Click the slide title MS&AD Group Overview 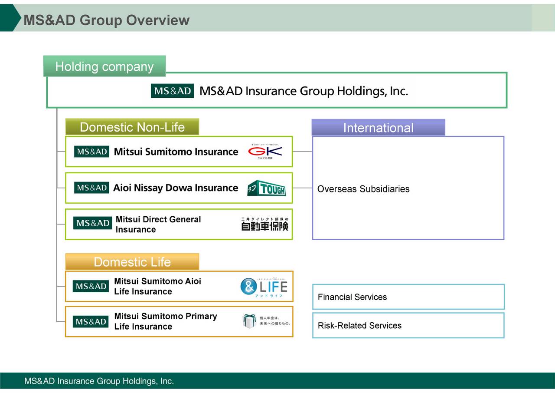pyautogui.click(x=106, y=20)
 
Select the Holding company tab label pyautogui.click(x=104, y=66)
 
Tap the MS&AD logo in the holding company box pyautogui.click(x=172, y=91)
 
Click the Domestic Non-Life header pyautogui.click(x=132, y=127)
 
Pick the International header pyautogui.click(x=378, y=128)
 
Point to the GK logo pyautogui.click(x=265, y=151)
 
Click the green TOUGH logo pyautogui.click(x=266, y=188)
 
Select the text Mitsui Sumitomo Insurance pyautogui.click(x=176, y=152)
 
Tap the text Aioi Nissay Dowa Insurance pyautogui.click(x=176, y=188)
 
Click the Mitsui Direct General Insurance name pyautogui.click(x=158, y=225)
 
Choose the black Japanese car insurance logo pyautogui.click(x=264, y=224)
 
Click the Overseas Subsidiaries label pyautogui.click(x=363, y=189)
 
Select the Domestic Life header pyautogui.click(x=132, y=262)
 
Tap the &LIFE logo pyautogui.click(x=264, y=287)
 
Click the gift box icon pyautogui.click(x=249, y=321)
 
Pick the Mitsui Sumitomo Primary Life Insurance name pyautogui.click(x=165, y=321)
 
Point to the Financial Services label pyautogui.click(x=352, y=297)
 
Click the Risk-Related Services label pyautogui.click(x=359, y=326)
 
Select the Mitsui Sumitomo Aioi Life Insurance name pyautogui.click(x=157, y=286)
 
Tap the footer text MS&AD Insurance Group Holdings pyautogui.click(x=99, y=381)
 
